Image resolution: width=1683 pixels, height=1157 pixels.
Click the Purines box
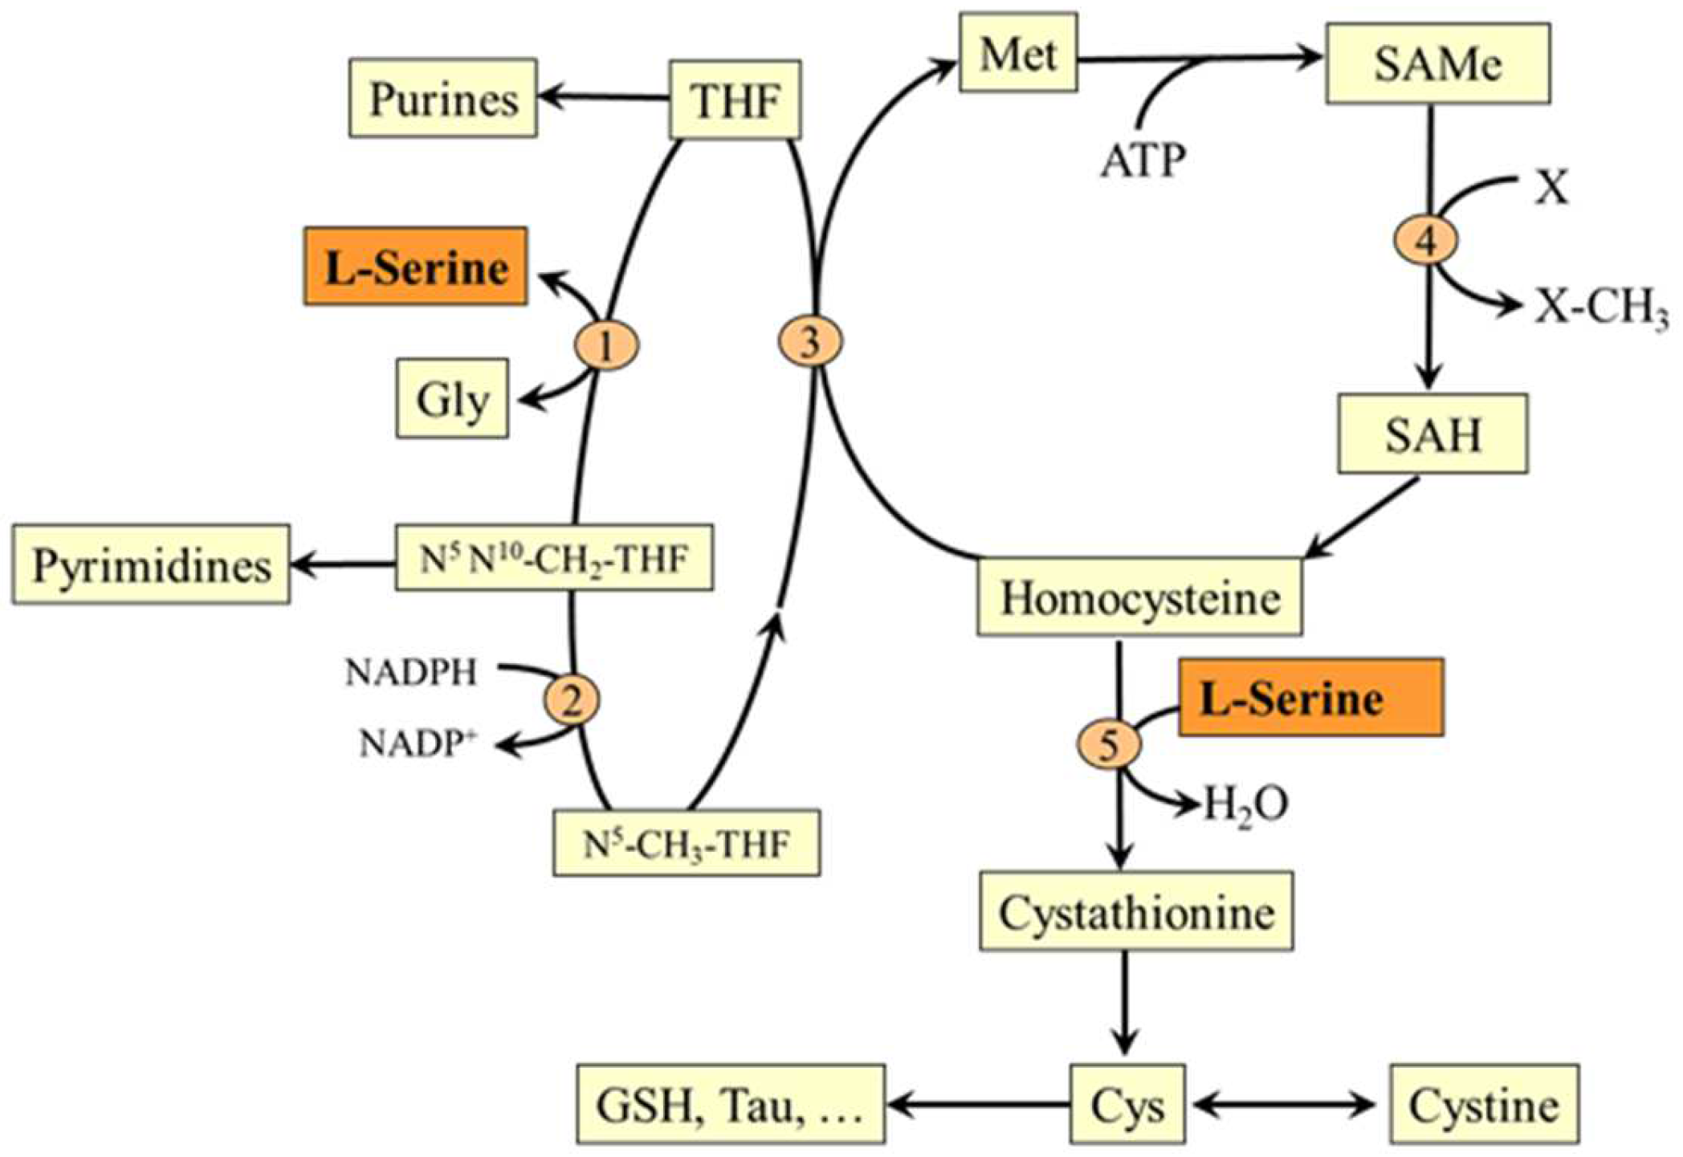click(443, 99)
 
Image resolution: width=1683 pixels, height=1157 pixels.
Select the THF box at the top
click(735, 100)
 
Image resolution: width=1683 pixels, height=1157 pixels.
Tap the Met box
click(1017, 54)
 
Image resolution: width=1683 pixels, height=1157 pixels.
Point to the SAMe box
click(1437, 64)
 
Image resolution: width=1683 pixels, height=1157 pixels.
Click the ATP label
click(1142, 161)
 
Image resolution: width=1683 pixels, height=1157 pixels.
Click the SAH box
click(1432, 434)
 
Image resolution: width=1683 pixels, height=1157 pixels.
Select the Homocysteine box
click(1139, 598)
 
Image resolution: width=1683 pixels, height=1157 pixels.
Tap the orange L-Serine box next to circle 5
click(1310, 699)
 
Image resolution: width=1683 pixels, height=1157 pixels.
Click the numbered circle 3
click(810, 343)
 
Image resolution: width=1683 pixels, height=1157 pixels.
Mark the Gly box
click(452, 399)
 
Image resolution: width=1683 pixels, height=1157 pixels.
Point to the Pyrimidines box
click(151, 565)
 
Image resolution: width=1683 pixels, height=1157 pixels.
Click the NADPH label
click(411, 672)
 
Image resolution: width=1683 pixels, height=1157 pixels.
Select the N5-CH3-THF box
click(687, 844)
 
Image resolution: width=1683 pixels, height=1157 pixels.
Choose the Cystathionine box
click(1136, 912)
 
